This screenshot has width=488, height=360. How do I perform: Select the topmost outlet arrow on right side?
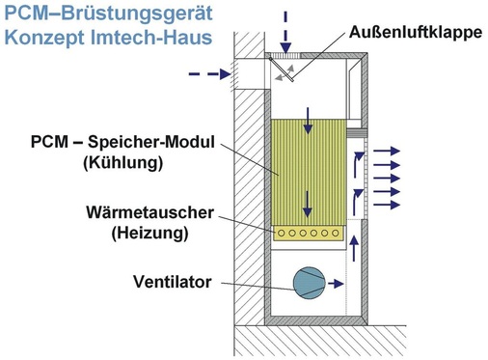click(x=389, y=151)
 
